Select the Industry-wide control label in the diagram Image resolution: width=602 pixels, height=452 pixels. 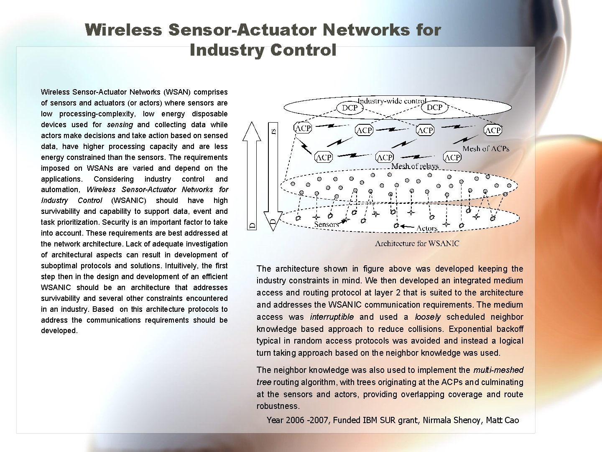392,101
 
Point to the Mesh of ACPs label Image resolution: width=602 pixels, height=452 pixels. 486,149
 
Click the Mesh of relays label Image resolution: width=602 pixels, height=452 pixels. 415,166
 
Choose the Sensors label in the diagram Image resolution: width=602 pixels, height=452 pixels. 326,224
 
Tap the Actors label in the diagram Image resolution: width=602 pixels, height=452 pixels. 427,228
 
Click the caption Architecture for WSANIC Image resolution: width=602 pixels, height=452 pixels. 417,244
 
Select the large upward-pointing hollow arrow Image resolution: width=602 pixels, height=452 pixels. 252,176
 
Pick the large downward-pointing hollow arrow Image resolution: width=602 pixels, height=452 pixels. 272,176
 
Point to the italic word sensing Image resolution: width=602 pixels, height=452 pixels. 120,125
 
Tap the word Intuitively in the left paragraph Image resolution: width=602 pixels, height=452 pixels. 181,266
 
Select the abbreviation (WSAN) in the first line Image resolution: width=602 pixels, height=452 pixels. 177,92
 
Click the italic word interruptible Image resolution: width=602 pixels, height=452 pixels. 332,317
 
